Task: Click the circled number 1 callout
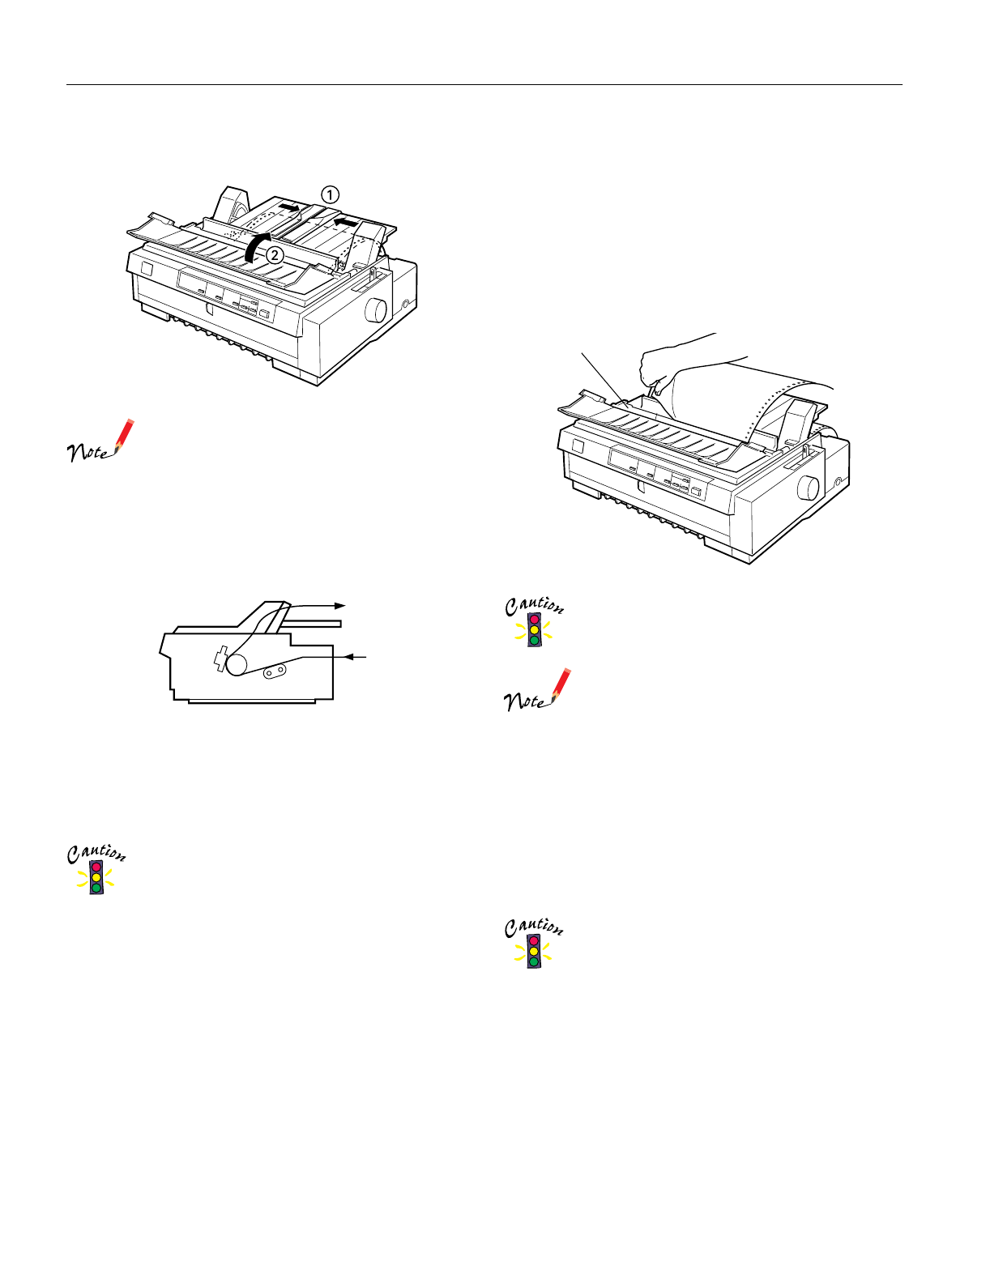click(330, 194)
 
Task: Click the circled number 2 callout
click(274, 256)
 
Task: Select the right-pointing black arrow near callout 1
click(289, 207)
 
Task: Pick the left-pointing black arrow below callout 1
click(346, 222)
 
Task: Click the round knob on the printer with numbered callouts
click(375, 310)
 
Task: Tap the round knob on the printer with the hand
click(808, 488)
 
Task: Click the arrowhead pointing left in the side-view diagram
click(351, 657)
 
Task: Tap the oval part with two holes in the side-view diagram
click(275, 671)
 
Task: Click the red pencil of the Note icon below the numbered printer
click(125, 437)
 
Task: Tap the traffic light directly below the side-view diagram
click(96, 876)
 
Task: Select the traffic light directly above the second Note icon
click(534, 630)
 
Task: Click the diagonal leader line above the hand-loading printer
click(604, 379)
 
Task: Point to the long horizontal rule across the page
click(484, 84)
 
